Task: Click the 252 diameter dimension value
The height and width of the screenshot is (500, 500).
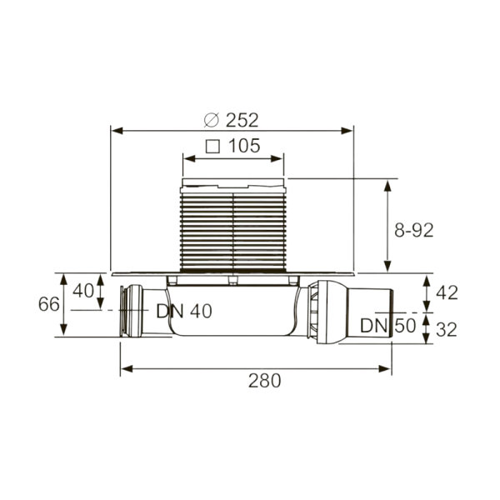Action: pyautogui.click(x=242, y=120)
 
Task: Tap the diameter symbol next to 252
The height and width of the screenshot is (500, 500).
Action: pyautogui.click(x=212, y=120)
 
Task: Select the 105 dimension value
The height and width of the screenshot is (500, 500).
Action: pyautogui.click(x=244, y=146)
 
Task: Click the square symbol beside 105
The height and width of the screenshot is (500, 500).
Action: pyautogui.click(x=212, y=147)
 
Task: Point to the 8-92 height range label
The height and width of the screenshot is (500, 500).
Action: pyautogui.click(x=414, y=230)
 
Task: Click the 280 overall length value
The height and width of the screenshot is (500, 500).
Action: pyautogui.click(x=265, y=381)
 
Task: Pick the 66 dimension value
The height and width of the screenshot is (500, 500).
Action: pyautogui.click(x=49, y=304)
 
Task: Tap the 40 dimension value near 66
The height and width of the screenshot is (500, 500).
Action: pyautogui.click(x=83, y=291)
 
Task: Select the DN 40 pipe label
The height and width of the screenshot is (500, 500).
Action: pyautogui.click(x=184, y=311)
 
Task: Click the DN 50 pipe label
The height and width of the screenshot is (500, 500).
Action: pyautogui.click(x=388, y=326)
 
